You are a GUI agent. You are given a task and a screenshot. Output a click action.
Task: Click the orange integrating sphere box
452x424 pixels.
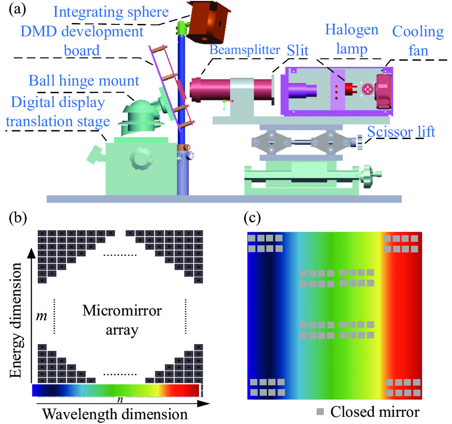pyautogui.click(x=208, y=23)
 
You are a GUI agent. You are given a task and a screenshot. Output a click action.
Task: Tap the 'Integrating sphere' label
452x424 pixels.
pyautogui.click(x=111, y=12)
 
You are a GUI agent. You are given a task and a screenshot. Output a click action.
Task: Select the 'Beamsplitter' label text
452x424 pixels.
pyautogui.click(x=244, y=50)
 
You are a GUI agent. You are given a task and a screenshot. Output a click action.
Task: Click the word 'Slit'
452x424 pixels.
pyautogui.click(x=298, y=50)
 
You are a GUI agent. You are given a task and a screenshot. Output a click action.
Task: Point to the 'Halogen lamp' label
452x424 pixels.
pyautogui.click(x=352, y=39)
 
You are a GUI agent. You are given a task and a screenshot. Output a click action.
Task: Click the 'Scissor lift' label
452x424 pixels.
pyautogui.click(x=401, y=132)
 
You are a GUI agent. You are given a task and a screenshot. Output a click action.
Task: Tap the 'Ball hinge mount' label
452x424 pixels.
pyautogui.click(x=84, y=81)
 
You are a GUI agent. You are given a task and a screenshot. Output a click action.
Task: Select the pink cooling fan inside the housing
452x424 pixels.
pyautogui.click(x=383, y=91)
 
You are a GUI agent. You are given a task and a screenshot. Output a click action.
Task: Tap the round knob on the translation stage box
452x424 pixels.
pyautogui.click(x=141, y=158)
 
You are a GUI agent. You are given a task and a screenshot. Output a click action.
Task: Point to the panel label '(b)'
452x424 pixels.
pyautogui.click(x=18, y=218)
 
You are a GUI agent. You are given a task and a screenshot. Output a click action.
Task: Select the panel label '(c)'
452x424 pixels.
pyautogui.click(x=253, y=218)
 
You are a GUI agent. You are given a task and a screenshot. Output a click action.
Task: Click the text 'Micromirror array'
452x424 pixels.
pyautogui.click(x=122, y=320)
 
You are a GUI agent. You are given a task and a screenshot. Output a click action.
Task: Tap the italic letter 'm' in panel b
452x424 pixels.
pyautogui.click(x=42, y=316)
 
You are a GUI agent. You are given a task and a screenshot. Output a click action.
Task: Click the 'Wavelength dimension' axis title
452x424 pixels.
pyautogui.click(x=115, y=414)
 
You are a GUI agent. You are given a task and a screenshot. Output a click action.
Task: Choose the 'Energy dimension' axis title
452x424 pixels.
pyautogui.click(x=16, y=320)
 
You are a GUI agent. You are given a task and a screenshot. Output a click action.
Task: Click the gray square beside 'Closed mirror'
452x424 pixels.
pyautogui.click(x=320, y=412)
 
